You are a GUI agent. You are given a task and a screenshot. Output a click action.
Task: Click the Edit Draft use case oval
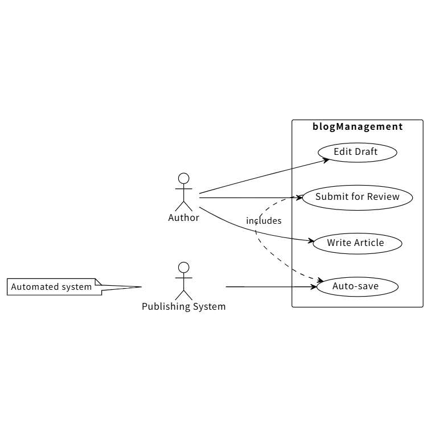356,152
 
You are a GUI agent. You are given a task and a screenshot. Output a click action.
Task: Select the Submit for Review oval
357,198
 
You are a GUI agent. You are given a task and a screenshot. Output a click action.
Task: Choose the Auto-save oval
355,286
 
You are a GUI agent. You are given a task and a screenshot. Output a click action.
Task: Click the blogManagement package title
358,127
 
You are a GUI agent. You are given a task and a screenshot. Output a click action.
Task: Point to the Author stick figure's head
183,178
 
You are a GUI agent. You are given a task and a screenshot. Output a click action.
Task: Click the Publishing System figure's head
183,267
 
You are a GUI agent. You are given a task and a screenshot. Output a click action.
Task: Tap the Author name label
183,217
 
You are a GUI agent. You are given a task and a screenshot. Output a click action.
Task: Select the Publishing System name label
183,307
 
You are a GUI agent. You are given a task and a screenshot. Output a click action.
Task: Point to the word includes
264,221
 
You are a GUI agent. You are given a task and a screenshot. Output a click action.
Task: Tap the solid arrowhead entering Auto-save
314,286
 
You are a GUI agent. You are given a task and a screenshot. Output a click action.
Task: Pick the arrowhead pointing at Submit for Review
299,198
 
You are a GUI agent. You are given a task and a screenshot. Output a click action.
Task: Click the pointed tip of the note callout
140,286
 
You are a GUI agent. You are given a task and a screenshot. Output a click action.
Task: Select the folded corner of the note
98,282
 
